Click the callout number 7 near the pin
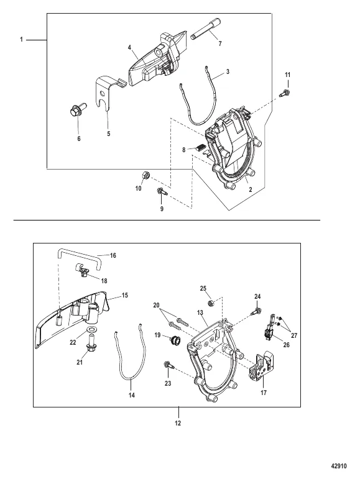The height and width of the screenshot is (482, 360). coord(220,44)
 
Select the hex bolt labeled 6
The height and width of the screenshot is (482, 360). coord(77,110)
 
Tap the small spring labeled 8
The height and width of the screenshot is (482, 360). coord(200,148)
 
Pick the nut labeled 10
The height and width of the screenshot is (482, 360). coord(145,176)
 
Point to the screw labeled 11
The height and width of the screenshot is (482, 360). coord(285,93)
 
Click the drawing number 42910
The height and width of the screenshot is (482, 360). coord(339,466)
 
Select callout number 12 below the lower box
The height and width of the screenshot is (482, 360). coord(178,423)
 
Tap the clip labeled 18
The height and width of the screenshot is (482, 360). coord(82,270)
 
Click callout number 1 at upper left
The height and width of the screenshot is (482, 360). coord(22,40)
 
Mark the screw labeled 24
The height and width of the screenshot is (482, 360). coord(256,311)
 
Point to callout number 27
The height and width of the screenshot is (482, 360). coord(294,335)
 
